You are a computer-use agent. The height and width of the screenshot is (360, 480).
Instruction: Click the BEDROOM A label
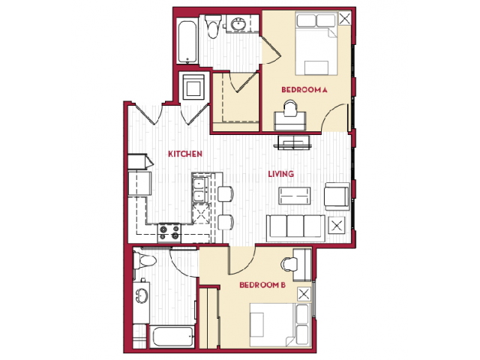(x=304, y=90)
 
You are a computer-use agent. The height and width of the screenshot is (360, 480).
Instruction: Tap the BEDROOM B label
(x=262, y=285)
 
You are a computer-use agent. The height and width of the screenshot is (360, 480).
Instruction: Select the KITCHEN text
(x=185, y=154)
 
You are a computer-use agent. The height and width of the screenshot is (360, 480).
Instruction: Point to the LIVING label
(x=281, y=174)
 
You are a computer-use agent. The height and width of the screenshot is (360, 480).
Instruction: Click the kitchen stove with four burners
(x=169, y=232)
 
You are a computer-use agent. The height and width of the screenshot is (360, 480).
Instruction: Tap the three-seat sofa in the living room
(x=295, y=228)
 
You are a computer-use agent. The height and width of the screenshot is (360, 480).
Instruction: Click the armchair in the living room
(x=337, y=196)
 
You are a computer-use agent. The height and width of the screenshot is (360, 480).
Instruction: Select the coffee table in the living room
(x=295, y=196)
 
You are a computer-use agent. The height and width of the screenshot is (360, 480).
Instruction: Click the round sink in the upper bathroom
(x=238, y=24)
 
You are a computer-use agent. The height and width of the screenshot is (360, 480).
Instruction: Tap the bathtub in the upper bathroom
(x=187, y=42)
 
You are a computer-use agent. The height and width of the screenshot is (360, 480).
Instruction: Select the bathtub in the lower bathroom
(x=172, y=337)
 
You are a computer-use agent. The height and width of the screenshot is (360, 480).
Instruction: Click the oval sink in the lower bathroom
(x=142, y=296)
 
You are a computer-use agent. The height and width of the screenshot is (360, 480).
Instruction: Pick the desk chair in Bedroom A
(x=290, y=108)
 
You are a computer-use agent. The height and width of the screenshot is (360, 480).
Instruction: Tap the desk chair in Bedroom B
(x=289, y=265)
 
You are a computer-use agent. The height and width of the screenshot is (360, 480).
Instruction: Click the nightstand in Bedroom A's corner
(x=345, y=19)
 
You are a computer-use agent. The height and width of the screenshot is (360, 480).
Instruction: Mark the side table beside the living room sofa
(x=337, y=226)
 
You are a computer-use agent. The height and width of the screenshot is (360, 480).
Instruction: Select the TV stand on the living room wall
(x=294, y=142)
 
